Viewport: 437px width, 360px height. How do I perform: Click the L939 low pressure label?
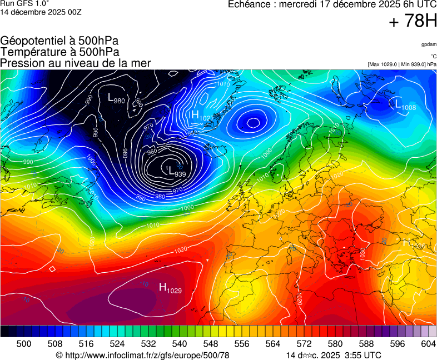(x=176, y=173)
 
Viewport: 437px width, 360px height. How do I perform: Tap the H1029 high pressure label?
(x=170, y=288)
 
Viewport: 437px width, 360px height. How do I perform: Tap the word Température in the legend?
(x=31, y=52)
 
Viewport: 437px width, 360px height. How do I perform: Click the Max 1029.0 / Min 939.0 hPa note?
(x=402, y=64)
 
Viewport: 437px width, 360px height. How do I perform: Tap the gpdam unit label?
(x=429, y=44)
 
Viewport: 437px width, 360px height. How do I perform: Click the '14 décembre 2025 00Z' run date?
(x=41, y=12)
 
